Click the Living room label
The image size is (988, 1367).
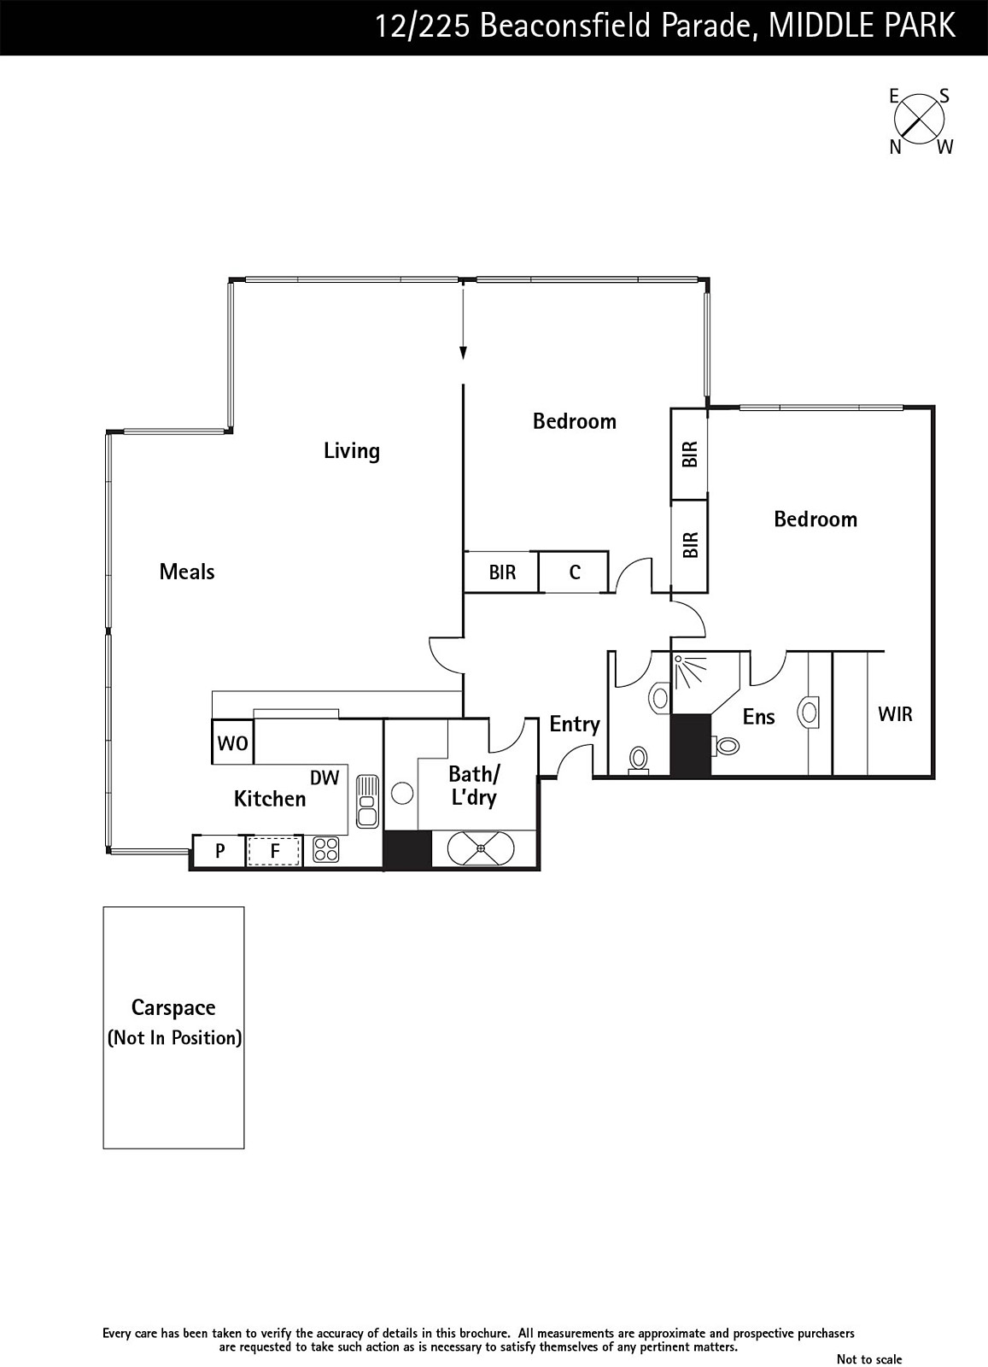351,451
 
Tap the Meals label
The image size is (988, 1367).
187,572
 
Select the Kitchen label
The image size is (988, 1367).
270,799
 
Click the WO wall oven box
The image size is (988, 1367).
232,742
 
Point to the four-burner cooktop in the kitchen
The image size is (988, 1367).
325,849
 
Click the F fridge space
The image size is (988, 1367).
274,850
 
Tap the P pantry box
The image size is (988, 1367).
220,850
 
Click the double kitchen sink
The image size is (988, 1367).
367,801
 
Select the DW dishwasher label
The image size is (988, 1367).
324,777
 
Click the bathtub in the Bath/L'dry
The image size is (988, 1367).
482,848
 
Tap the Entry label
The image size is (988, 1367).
575,725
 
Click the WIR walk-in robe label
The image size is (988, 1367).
895,714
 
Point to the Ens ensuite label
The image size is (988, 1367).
758,717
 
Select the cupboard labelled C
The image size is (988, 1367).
574,572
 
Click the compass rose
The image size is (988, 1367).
919,120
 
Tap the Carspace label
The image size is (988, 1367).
173,1007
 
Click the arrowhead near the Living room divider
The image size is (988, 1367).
464,353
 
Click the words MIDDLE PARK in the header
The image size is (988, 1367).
862,26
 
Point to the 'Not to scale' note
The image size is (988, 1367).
869,1359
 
